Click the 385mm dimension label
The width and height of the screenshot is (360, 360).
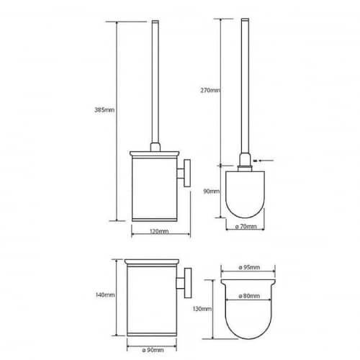pos(104,110)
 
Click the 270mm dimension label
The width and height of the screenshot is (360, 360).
pos(210,91)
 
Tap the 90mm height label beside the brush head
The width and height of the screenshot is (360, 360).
pos(212,192)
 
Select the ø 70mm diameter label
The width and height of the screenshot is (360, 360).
pos(246,226)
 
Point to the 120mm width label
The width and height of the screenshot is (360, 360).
pos(159,231)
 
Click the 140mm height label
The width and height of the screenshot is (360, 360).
pos(105,294)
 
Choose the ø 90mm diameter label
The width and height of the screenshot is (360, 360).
pos(153,350)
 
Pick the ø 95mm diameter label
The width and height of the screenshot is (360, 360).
pos(249,267)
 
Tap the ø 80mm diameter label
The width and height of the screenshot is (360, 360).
pos(249,296)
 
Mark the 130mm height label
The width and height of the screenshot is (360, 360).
pos(202,309)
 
